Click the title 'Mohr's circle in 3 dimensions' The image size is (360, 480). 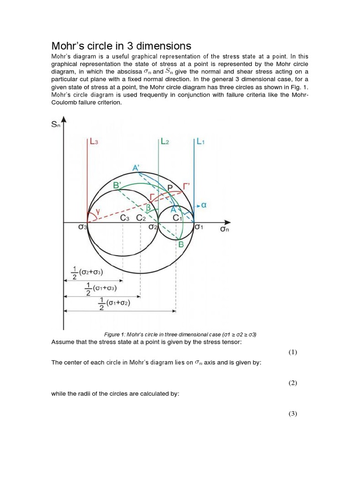(121, 45)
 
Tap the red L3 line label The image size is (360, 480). (94, 142)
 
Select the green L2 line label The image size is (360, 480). (165, 142)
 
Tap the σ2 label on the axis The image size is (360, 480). (153, 227)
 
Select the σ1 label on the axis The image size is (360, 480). (199, 227)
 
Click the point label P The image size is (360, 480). (170, 187)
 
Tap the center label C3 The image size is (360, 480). (125, 217)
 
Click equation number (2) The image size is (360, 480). (293, 383)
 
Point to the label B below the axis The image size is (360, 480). (180, 244)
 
